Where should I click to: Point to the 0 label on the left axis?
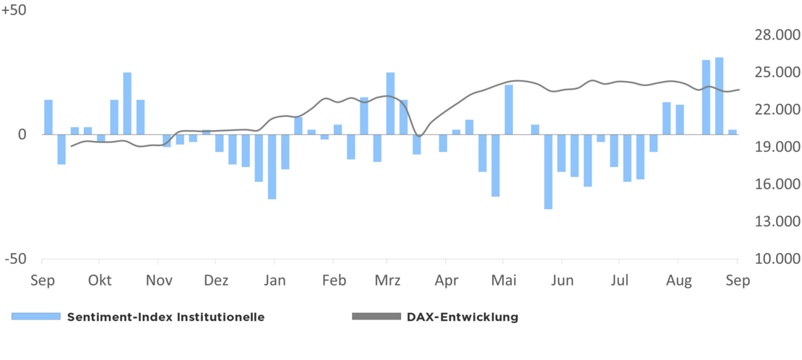(x=22, y=134)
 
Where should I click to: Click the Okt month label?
(x=100, y=280)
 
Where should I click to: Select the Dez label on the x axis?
(x=216, y=280)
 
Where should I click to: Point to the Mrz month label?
(x=387, y=280)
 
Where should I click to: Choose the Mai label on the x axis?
(x=503, y=280)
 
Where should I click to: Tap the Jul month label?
(x=618, y=280)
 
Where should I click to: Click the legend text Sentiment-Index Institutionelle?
(x=165, y=317)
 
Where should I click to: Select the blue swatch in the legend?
(x=35, y=317)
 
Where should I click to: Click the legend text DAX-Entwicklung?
(x=462, y=317)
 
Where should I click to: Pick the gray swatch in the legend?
(x=375, y=317)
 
